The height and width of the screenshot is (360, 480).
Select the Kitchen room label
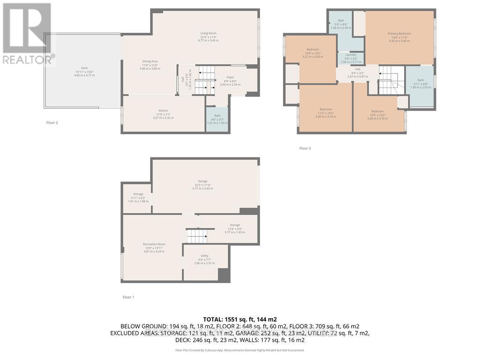click(163, 111)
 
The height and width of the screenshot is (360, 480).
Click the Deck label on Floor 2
click(84, 68)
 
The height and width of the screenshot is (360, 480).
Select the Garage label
click(202, 181)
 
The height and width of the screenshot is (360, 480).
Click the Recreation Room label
click(154, 244)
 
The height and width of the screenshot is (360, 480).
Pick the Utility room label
click(204, 256)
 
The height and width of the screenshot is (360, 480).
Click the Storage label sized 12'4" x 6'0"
click(235, 225)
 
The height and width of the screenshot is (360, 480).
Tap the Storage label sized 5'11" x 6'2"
click(138, 194)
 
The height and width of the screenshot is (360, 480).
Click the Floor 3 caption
click(305, 149)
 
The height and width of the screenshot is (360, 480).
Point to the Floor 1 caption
click(128, 297)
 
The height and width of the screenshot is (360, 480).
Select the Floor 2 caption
click(52, 123)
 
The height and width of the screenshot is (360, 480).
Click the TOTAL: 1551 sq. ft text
click(240, 319)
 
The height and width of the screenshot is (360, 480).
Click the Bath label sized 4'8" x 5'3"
click(217, 116)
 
